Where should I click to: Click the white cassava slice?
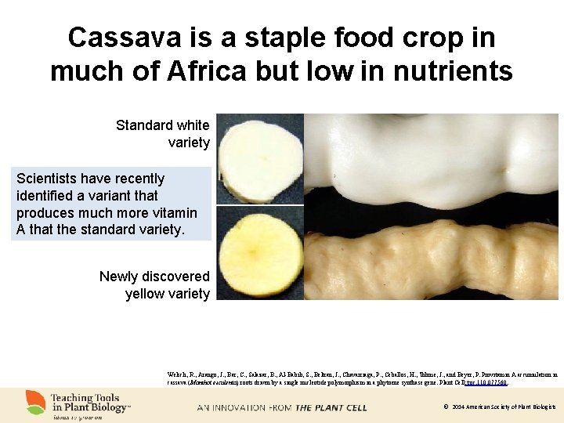[x=258, y=159]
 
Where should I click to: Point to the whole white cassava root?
[x=431, y=157]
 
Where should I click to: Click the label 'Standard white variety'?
[x=163, y=133]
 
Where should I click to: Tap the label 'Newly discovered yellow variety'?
[x=155, y=285]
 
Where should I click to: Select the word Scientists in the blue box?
[x=47, y=179]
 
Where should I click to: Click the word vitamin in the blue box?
[x=175, y=212]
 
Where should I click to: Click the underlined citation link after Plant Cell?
[x=486, y=382]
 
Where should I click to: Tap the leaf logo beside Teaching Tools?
[x=34, y=402]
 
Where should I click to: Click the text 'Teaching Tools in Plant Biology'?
[x=89, y=403]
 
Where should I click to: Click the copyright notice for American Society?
[x=499, y=407]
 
